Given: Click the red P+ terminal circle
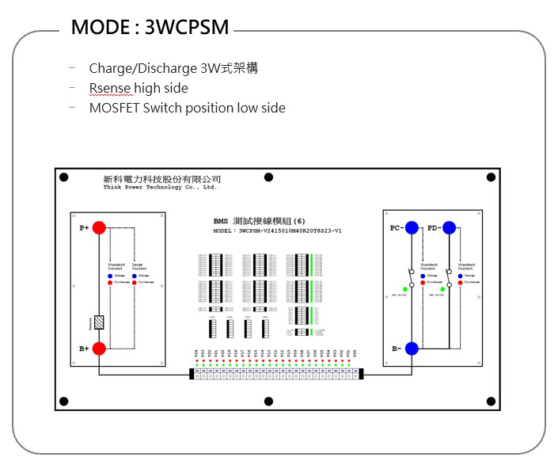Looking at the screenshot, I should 99,228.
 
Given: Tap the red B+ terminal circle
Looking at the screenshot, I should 99,349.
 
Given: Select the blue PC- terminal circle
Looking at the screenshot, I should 412,228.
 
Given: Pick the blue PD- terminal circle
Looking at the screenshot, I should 449,228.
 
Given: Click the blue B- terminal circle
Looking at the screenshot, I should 412,349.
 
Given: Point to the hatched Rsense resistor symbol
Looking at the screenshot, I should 99,322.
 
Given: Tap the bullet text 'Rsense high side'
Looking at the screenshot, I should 139,88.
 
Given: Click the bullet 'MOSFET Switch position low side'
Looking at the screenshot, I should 187,108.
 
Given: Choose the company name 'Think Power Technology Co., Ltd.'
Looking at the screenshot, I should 160,188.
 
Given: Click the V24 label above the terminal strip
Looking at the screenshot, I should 195,353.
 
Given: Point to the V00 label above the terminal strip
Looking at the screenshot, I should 355,353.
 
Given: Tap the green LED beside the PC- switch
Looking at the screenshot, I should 405,289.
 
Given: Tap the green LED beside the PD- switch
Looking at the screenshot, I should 442,289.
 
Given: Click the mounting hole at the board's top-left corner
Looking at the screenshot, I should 64,177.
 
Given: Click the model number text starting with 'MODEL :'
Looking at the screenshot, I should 277,231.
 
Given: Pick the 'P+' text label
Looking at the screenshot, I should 84,228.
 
